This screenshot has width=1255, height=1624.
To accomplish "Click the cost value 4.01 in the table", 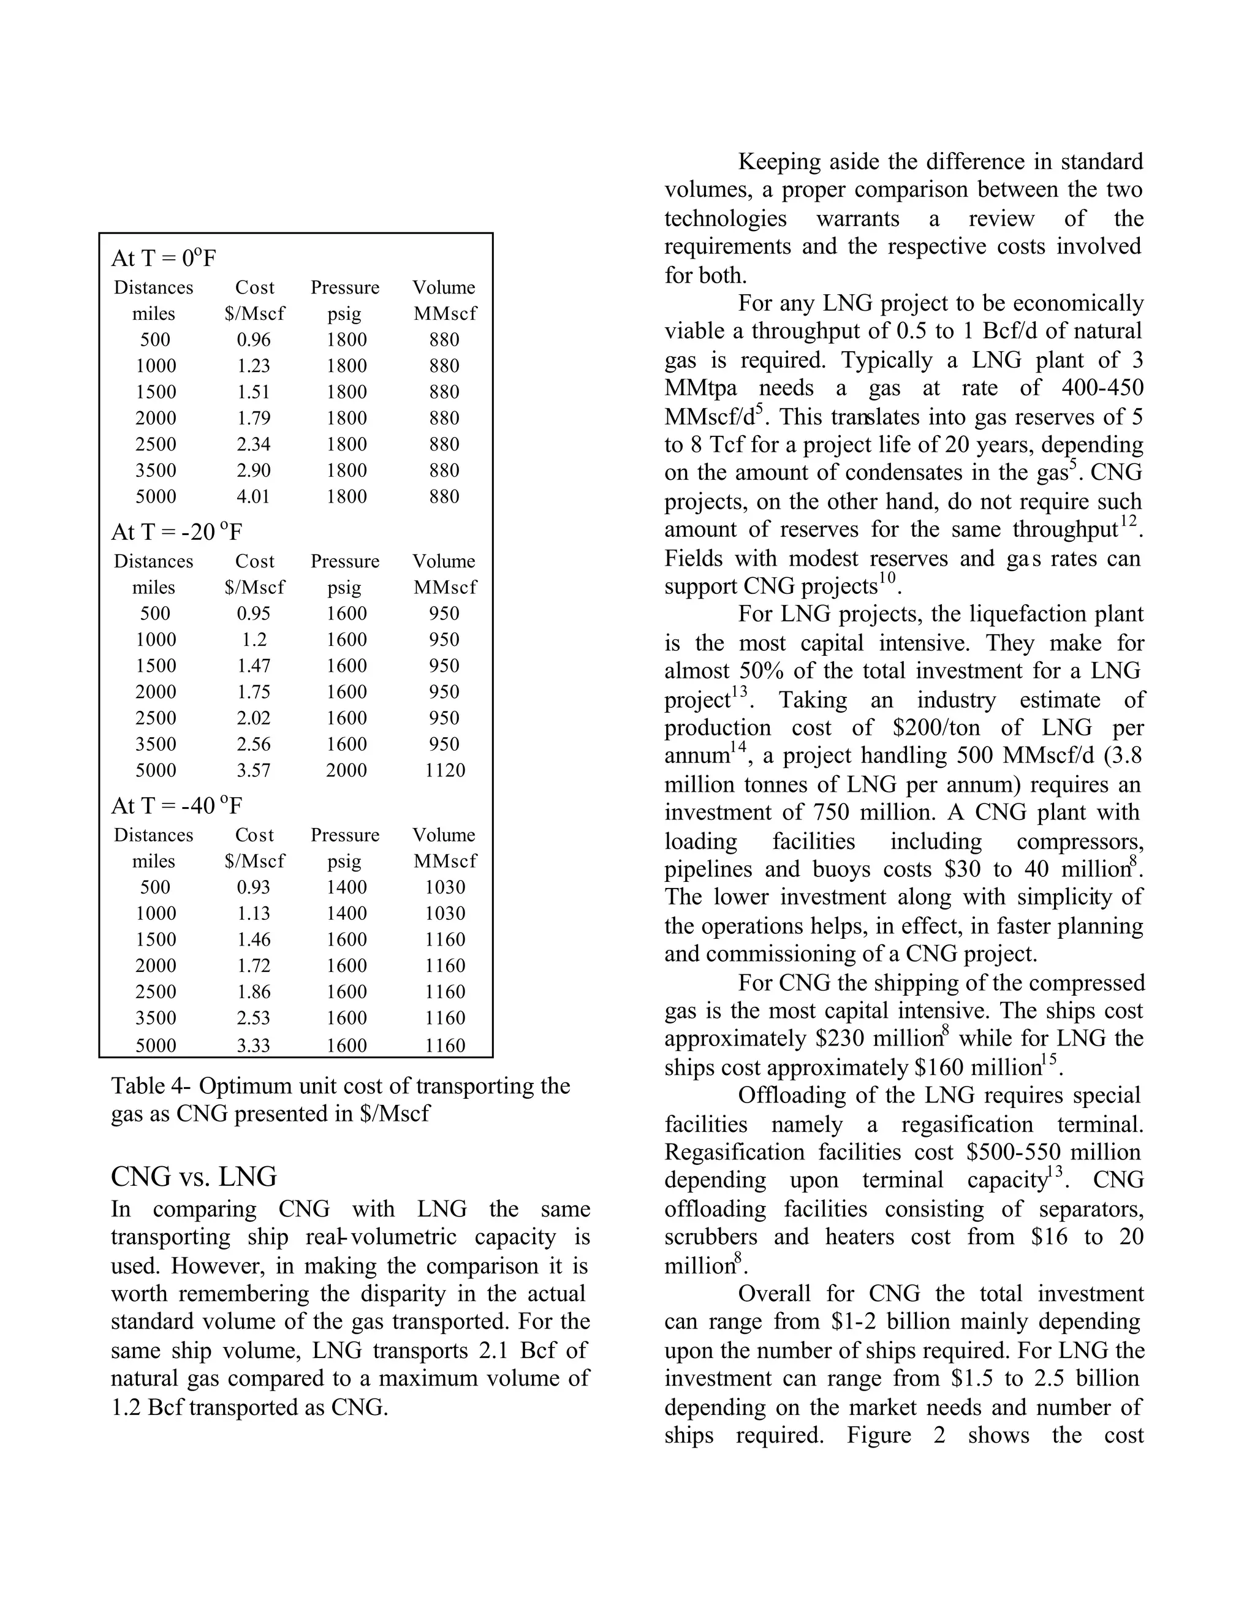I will tap(254, 497).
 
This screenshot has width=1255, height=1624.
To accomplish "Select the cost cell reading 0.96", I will tap(254, 340).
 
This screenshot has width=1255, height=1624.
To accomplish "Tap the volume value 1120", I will tap(445, 770).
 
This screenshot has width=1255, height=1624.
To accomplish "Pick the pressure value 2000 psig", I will tap(346, 770).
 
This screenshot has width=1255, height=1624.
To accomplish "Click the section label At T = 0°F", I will tap(164, 259).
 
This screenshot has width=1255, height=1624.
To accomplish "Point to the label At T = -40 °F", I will tap(176, 806).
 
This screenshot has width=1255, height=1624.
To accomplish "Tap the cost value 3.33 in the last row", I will tap(254, 1045).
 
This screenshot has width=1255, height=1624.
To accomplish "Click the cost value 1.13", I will tap(254, 914).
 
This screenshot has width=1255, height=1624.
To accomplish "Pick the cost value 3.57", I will tap(254, 770).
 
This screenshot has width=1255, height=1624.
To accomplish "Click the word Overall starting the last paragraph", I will tap(774, 1294).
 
